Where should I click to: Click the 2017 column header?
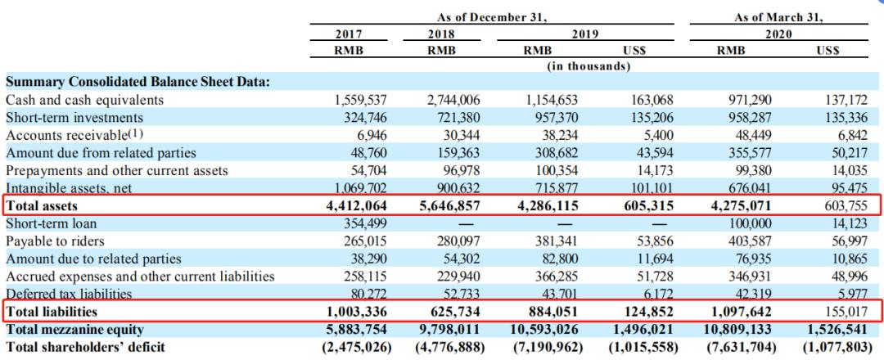(x=349, y=34)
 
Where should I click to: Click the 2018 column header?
(x=441, y=34)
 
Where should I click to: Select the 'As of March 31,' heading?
(x=778, y=17)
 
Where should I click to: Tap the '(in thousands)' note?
(x=588, y=66)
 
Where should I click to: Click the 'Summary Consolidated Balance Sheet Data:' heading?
(x=138, y=83)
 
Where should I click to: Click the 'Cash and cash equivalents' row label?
(x=84, y=101)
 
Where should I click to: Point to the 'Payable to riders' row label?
(x=55, y=241)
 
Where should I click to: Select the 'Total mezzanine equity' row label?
(x=74, y=330)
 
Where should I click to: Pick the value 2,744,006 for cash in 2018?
(x=454, y=101)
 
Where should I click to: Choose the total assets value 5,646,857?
(x=450, y=206)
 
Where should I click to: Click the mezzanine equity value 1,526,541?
(x=838, y=330)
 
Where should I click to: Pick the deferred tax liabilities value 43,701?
(x=557, y=294)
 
